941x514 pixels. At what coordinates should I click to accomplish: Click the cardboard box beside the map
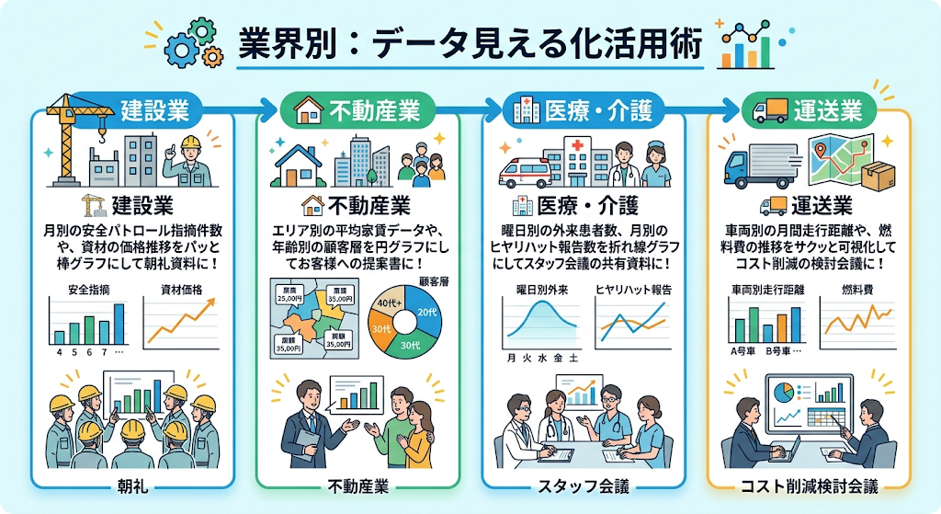[x=879, y=174]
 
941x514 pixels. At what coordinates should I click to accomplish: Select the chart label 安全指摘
[x=89, y=291]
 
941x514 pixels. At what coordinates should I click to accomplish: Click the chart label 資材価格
[x=181, y=291]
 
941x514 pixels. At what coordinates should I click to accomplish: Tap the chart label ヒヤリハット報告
[x=634, y=291]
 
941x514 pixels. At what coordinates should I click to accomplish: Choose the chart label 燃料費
[x=856, y=291]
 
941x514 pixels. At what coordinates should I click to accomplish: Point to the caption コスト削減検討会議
[x=810, y=486]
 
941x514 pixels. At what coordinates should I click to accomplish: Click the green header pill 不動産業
[x=360, y=111]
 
